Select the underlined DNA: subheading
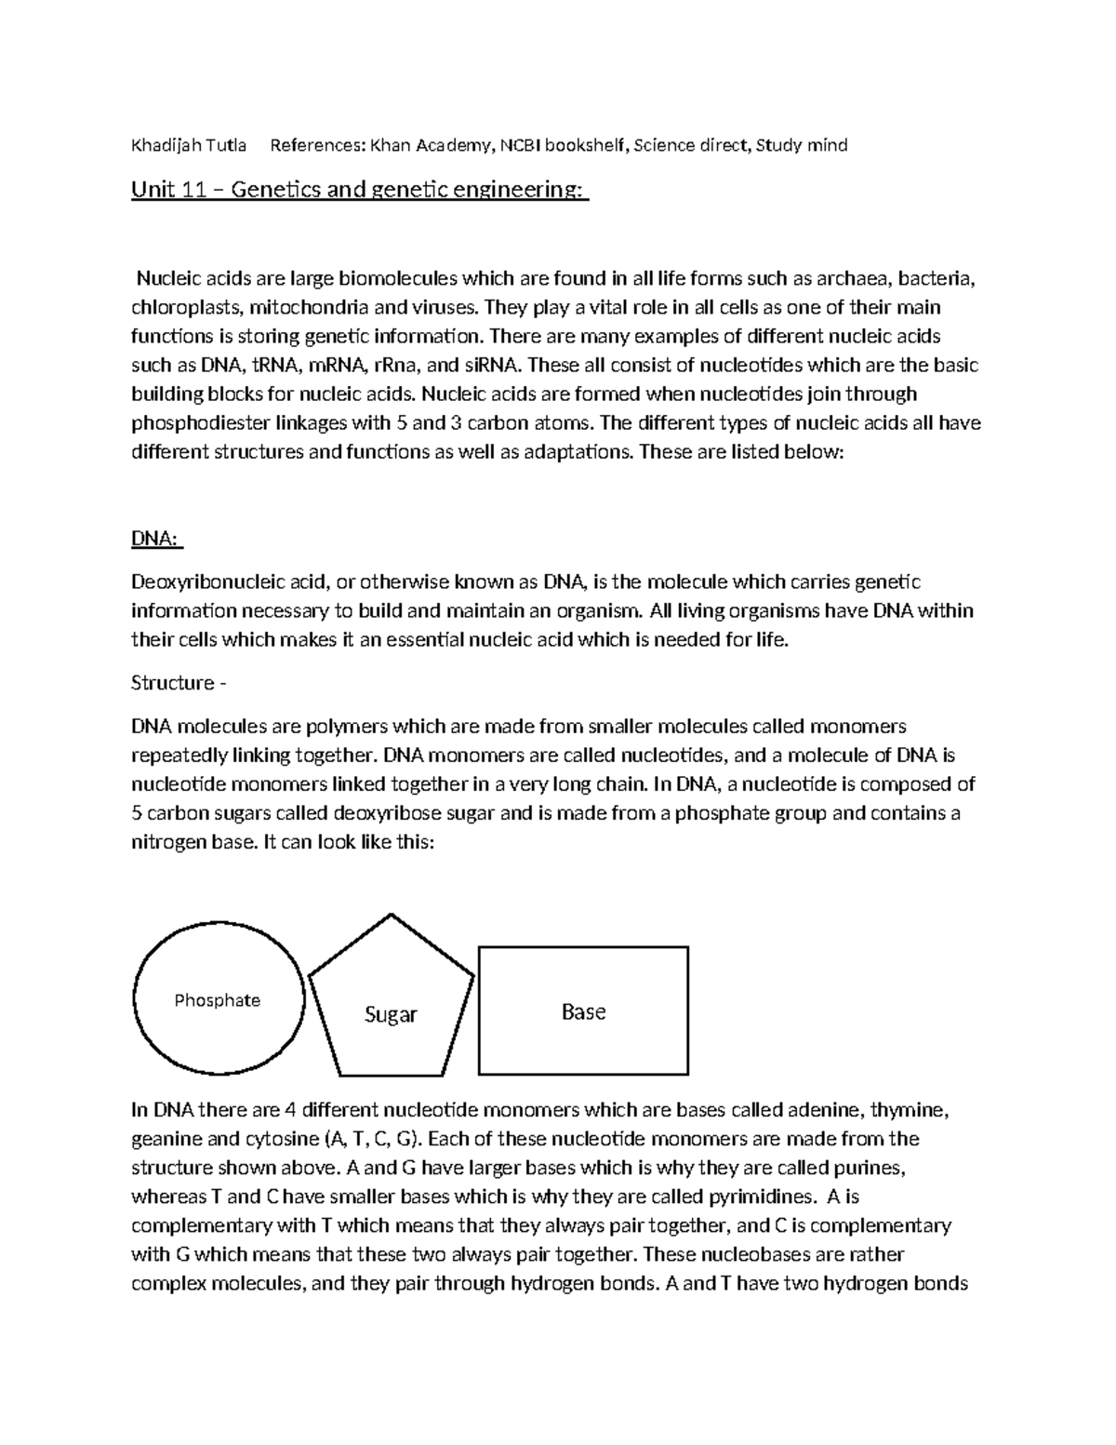point(156,540)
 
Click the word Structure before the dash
point(172,683)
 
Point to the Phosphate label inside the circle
point(218,1000)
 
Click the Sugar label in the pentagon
point(391,1014)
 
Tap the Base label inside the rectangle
point(583,1011)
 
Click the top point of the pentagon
point(391,916)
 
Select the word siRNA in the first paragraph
point(487,366)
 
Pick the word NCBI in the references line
point(521,145)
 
